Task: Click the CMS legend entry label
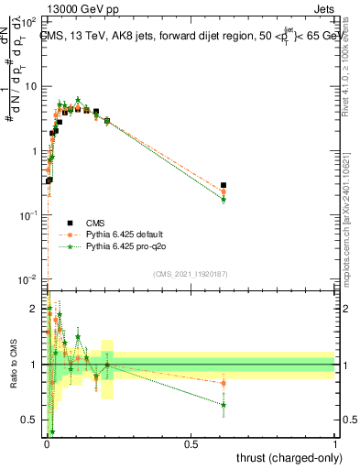click(x=96, y=223)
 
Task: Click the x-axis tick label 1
click(x=335, y=444)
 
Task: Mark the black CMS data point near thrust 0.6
click(x=224, y=185)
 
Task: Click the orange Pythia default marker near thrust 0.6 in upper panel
click(x=224, y=192)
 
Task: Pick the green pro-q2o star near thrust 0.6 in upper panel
click(x=224, y=200)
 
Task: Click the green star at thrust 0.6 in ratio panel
click(x=224, y=404)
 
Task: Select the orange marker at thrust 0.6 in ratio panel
click(x=224, y=383)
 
